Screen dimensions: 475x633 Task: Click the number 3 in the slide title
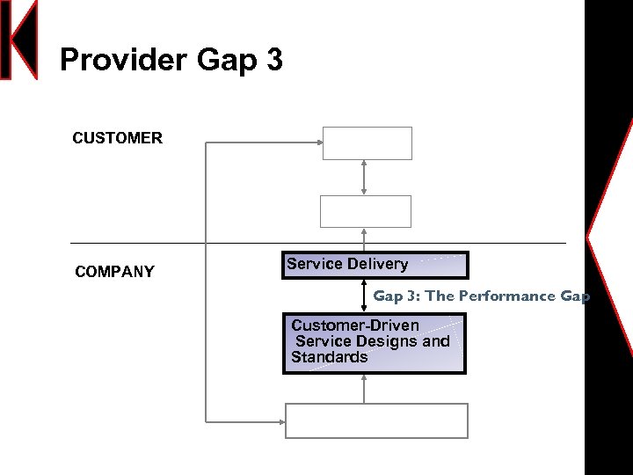(x=273, y=61)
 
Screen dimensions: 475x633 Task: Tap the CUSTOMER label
(x=117, y=138)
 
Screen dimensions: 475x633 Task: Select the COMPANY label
(x=114, y=272)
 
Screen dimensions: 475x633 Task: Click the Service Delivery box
(x=375, y=265)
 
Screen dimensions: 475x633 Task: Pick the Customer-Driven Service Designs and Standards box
(x=374, y=343)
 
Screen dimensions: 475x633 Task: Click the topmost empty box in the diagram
(x=367, y=143)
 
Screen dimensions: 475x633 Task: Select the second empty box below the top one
(x=365, y=211)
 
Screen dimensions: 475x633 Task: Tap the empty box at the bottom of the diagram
(x=376, y=420)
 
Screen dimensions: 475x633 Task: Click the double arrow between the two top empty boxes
(x=364, y=178)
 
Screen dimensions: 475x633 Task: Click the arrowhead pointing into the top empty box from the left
(x=317, y=142)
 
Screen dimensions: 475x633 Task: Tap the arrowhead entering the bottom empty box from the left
(x=281, y=421)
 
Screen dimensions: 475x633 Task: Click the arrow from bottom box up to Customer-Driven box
(x=364, y=388)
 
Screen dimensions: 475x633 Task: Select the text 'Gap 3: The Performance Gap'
(x=481, y=296)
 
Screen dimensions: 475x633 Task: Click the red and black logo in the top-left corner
(x=19, y=40)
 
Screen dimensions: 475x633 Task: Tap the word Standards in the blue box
(x=330, y=357)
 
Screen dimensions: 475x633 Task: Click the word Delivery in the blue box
(x=378, y=264)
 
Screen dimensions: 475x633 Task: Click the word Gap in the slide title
(x=228, y=61)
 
